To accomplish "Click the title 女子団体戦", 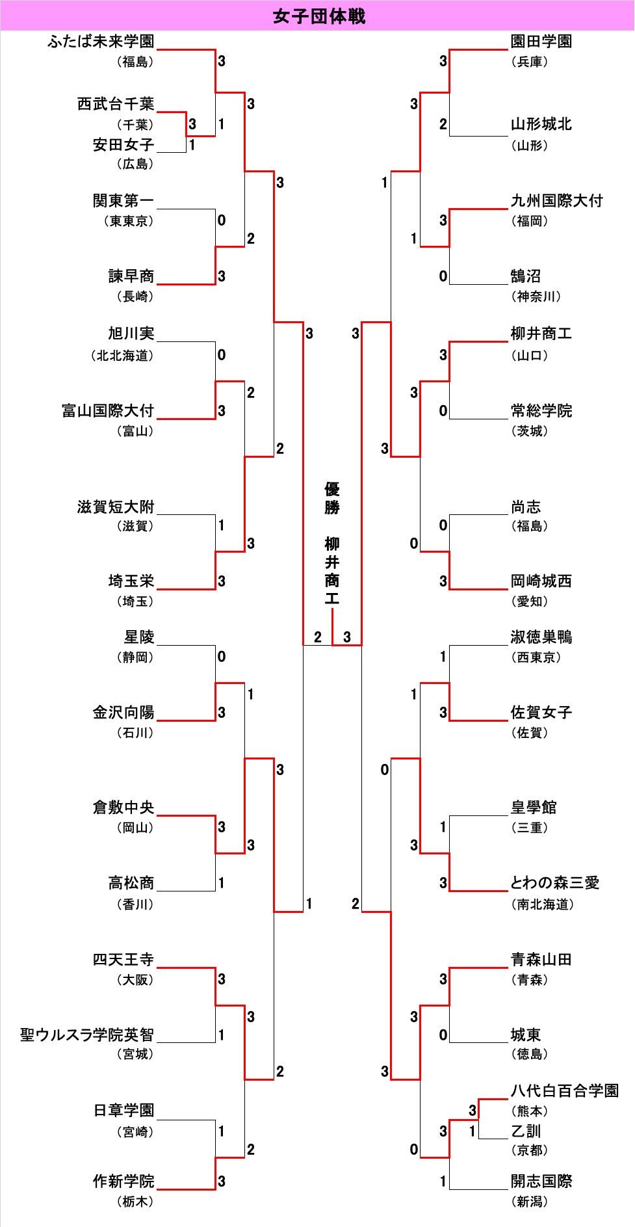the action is point(319,16).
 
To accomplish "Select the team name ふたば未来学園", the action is point(101,42).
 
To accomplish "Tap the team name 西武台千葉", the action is point(116,104).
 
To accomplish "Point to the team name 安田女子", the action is point(123,144).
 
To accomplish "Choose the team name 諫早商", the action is point(131,276).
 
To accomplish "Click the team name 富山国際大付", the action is point(108,411).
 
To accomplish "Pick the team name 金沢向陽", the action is point(123,713).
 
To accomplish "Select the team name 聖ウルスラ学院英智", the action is point(87,1035).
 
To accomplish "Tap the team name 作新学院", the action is point(123,1181).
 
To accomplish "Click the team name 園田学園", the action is point(541,42).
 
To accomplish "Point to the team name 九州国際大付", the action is point(557,201).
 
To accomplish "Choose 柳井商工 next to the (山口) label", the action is point(541,334).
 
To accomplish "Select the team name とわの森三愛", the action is point(555,883).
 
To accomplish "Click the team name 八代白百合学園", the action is point(565,1090).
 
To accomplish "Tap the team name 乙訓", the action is point(526,1131).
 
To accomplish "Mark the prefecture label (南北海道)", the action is point(543,904).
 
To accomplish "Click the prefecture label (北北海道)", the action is point(122,356).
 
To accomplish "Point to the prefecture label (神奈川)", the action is point(536,297).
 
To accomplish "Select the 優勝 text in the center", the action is point(332,498).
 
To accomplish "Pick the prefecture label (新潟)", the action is point(530,1202).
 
